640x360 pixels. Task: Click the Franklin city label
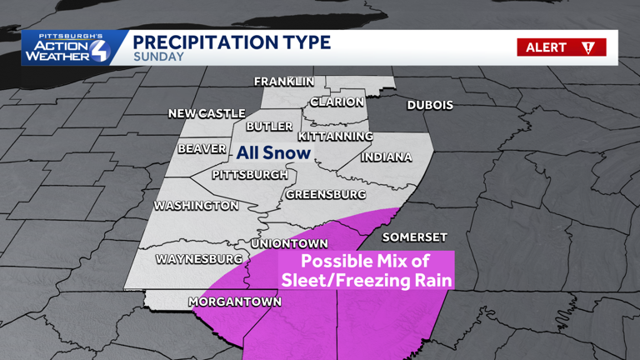pyautogui.click(x=284, y=82)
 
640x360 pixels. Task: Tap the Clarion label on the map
pyautogui.click(x=337, y=102)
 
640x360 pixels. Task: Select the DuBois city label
pyautogui.click(x=430, y=105)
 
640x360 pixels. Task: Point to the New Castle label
pyautogui.click(x=207, y=113)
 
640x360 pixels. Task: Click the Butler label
pyautogui.click(x=269, y=127)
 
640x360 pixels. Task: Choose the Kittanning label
pyautogui.click(x=336, y=136)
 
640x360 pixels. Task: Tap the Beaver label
pyautogui.click(x=202, y=149)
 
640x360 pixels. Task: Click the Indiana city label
pyautogui.click(x=387, y=157)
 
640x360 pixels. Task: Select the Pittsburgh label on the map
pyautogui.click(x=250, y=175)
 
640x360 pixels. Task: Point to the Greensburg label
pyautogui.click(x=326, y=194)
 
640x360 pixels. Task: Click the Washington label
pyautogui.click(x=197, y=205)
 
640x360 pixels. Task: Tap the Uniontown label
pyautogui.click(x=289, y=243)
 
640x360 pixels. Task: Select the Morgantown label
pyautogui.click(x=235, y=301)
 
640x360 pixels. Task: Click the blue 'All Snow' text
pyautogui.click(x=273, y=152)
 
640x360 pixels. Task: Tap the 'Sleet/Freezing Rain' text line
pyautogui.click(x=367, y=280)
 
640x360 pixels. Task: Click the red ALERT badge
pyautogui.click(x=561, y=47)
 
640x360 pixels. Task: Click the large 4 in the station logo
pyautogui.click(x=97, y=50)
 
